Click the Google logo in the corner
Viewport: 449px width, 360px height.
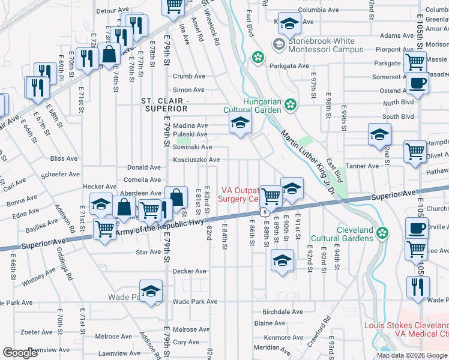pos(20,353)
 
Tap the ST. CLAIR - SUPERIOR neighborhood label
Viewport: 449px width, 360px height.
pos(164,104)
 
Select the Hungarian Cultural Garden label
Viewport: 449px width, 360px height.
pos(253,106)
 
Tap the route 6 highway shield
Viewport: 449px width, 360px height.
pos(264,212)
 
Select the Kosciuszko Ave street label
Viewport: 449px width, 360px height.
pos(196,160)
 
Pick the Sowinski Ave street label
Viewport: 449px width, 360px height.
pos(193,147)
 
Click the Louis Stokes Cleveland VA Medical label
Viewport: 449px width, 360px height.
pos(406,329)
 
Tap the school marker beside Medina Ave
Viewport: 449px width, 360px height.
pos(240,124)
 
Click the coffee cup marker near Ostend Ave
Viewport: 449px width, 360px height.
pos(418,83)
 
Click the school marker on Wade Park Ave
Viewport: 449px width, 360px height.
pos(151,290)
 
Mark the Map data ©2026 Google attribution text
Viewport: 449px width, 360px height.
pos(412,355)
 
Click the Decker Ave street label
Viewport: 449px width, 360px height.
pos(190,271)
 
